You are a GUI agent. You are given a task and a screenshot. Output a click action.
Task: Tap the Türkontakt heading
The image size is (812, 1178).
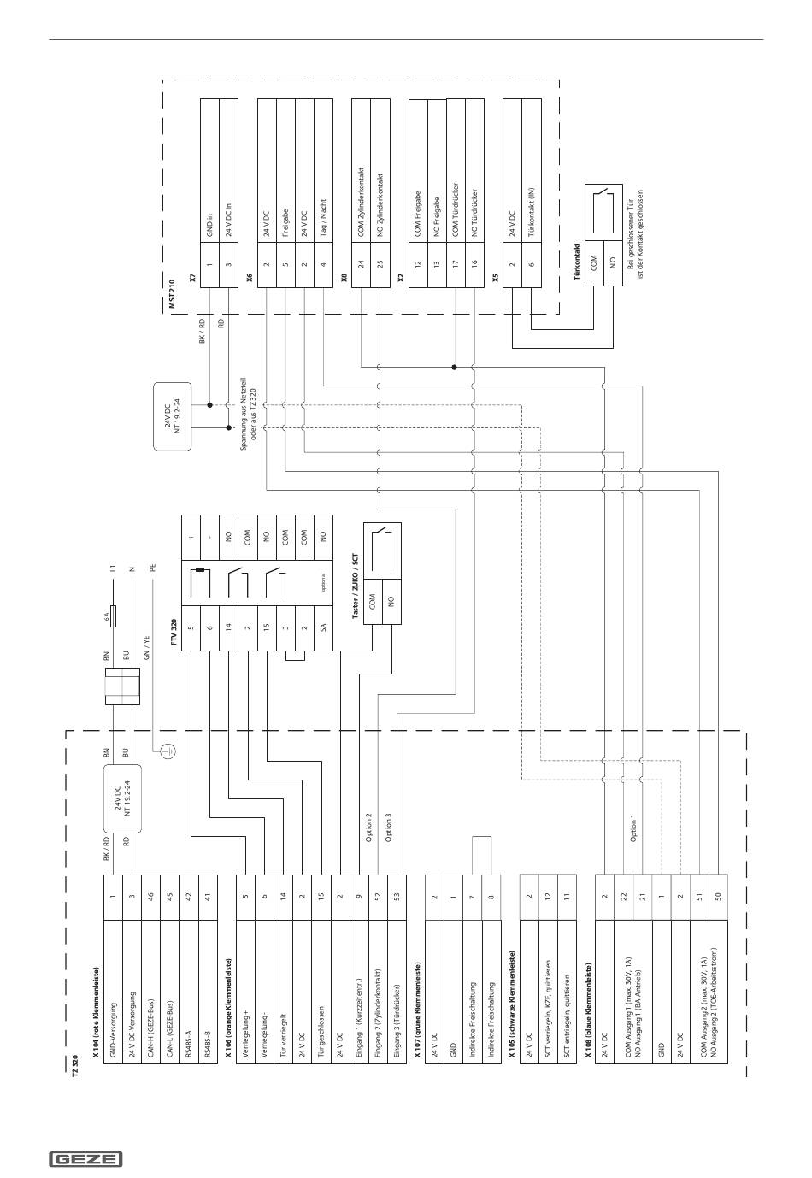(x=578, y=261)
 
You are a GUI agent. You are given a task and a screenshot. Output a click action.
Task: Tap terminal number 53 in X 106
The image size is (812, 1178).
(x=398, y=897)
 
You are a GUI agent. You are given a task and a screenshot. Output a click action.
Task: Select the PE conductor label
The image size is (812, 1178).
(x=153, y=566)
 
